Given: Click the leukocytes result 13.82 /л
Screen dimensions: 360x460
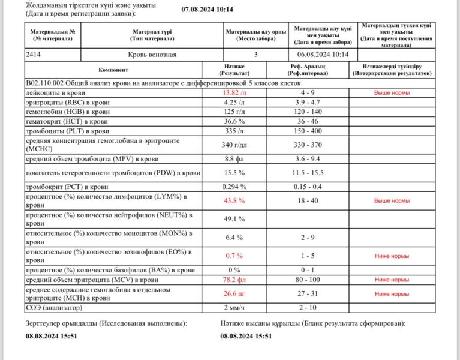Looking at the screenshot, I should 234,94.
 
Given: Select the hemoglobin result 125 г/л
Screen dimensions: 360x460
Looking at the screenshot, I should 234,112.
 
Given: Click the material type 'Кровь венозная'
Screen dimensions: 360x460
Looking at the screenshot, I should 154,54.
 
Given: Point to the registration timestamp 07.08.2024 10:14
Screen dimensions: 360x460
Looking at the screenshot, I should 207,10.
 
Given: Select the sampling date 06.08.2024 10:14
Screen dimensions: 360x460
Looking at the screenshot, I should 322,54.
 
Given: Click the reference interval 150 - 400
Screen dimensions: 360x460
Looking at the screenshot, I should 308,130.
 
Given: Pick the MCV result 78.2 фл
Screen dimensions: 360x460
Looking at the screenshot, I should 234,280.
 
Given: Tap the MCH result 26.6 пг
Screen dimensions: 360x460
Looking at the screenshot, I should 234,293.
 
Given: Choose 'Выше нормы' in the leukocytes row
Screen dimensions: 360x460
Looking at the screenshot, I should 392,94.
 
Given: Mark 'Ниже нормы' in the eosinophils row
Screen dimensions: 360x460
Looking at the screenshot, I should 392,256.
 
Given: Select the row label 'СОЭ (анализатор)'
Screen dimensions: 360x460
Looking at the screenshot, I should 53,308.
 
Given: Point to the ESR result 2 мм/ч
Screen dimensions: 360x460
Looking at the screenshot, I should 234,308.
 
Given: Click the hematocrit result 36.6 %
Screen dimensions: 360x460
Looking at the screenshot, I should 234,121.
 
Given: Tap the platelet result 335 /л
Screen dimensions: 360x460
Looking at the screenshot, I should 234,130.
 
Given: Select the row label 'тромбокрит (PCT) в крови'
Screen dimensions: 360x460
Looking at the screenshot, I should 67,187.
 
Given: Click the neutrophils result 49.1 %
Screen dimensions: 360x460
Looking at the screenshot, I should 234,219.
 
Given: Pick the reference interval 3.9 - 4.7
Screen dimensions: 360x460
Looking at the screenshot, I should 308,103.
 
